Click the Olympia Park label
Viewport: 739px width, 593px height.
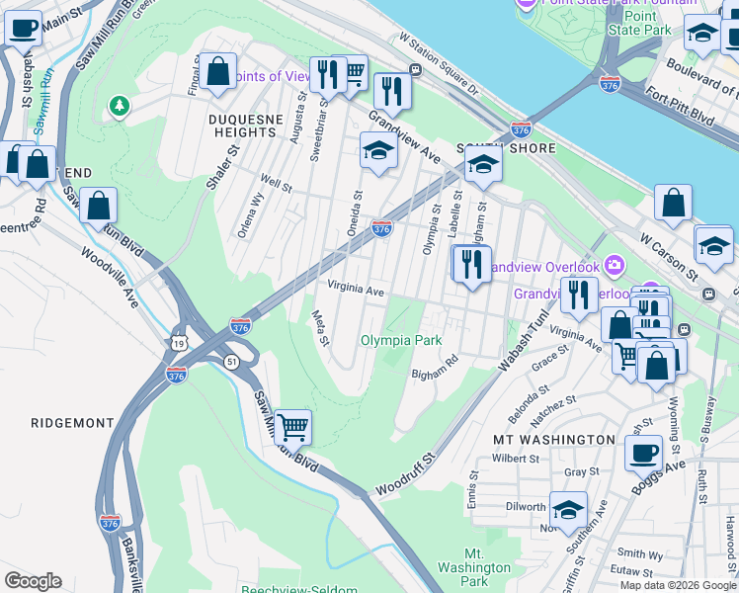click(401, 340)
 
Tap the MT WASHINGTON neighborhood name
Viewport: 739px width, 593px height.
click(553, 438)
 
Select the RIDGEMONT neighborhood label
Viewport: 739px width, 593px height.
click(72, 423)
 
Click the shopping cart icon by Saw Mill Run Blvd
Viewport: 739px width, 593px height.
click(292, 428)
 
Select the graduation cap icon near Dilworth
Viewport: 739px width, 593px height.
click(568, 509)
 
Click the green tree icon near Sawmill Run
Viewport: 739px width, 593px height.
click(120, 104)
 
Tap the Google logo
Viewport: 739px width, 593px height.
click(33, 581)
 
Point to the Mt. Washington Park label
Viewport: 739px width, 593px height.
click(474, 568)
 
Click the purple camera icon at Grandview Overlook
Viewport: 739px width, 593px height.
click(615, 265)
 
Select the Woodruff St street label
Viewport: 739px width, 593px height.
click(405, 474)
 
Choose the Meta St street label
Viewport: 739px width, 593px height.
click(320, 328)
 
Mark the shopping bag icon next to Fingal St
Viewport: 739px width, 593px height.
click(218, 71)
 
